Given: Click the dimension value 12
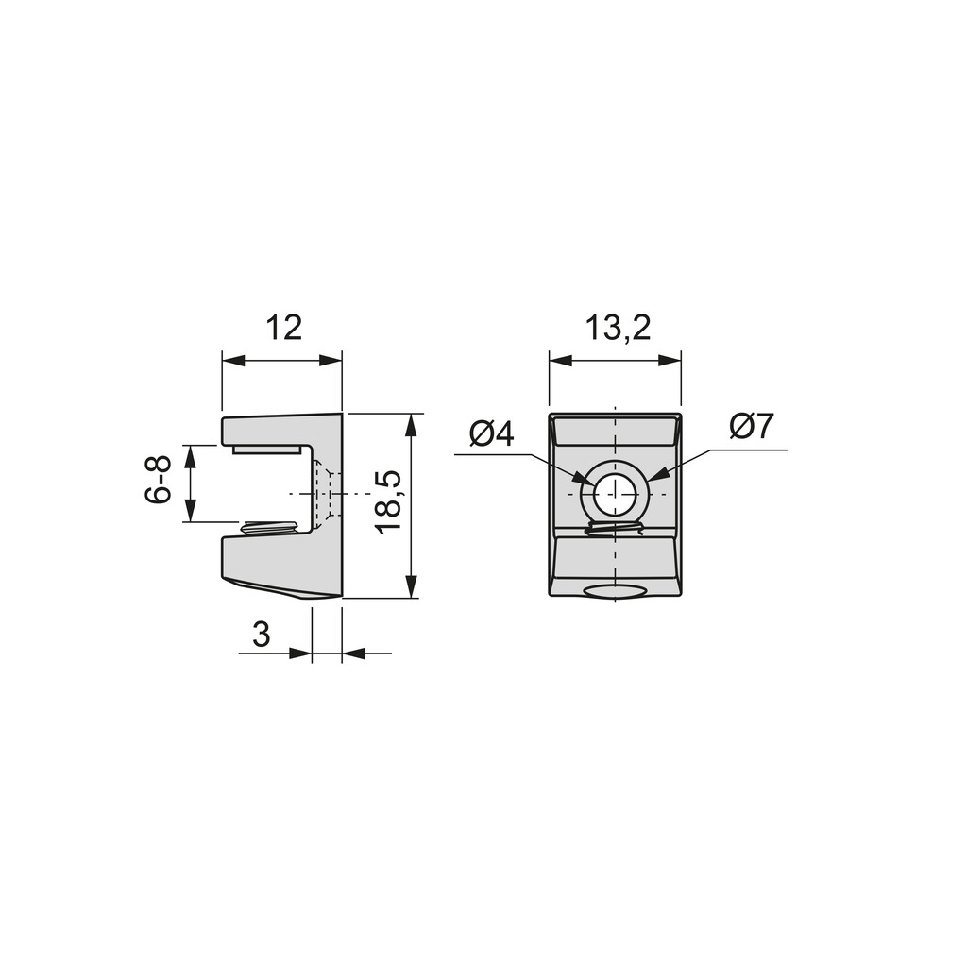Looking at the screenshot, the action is coord(283,328).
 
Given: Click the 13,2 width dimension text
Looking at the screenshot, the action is coord(618,328).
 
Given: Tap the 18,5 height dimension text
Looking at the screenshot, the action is coord(390,502).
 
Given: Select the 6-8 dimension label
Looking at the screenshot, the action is coord(159,481).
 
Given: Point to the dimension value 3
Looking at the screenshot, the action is coord(262,634).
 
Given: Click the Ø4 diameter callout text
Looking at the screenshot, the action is coord(491,434).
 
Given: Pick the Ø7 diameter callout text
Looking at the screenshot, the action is coord(751,426).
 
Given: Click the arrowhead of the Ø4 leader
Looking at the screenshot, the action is coord(582,478).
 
